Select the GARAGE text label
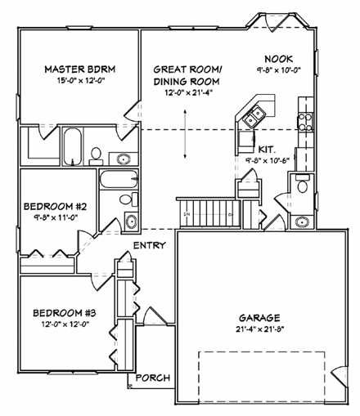[x=260, y=317]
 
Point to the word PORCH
[x=153, y=378]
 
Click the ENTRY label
[x=149, y=244]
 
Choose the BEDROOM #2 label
[x=56, y=206]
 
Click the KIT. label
[x=266, y=150]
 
